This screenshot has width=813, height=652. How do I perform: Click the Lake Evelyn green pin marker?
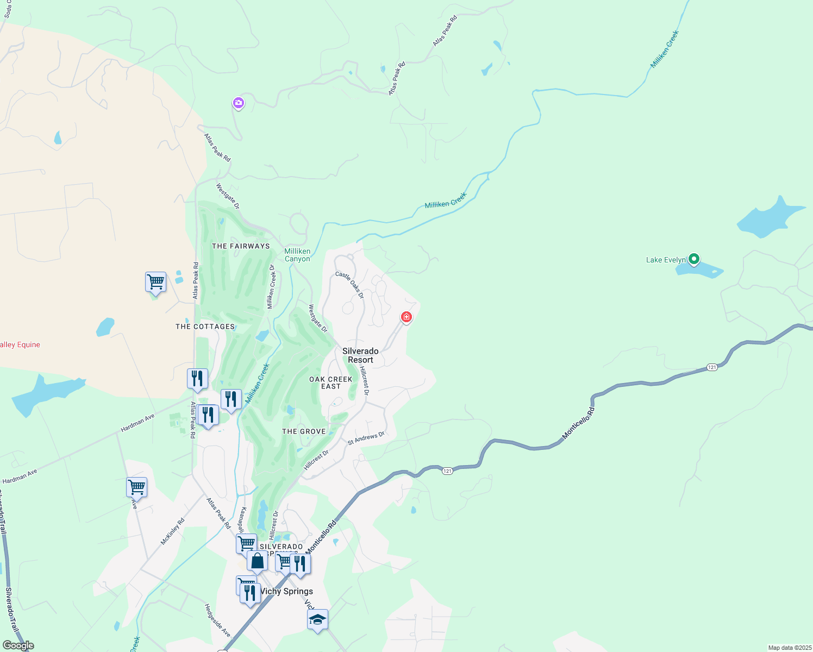693,259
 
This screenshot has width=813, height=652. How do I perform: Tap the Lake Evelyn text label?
666,260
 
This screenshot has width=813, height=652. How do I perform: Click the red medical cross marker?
406,317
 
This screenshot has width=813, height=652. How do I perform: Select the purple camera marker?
238,102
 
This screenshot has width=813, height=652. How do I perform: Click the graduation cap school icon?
317,619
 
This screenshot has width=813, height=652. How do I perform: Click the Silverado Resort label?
360,355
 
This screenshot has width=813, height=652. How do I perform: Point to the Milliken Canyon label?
297,255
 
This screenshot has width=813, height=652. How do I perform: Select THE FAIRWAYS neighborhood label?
241,246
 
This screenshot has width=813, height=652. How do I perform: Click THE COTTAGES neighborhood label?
205,327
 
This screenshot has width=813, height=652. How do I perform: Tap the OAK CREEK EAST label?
330,383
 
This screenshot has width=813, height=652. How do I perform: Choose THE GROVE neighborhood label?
304,431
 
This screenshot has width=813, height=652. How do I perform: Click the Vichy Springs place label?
286,591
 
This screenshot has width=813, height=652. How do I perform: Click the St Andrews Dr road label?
366,438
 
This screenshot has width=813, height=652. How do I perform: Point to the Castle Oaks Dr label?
349,284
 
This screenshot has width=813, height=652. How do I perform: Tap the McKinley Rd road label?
172,531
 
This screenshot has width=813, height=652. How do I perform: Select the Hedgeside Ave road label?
217,620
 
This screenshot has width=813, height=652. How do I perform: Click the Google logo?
18,645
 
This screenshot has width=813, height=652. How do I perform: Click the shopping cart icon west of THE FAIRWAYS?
155,282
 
